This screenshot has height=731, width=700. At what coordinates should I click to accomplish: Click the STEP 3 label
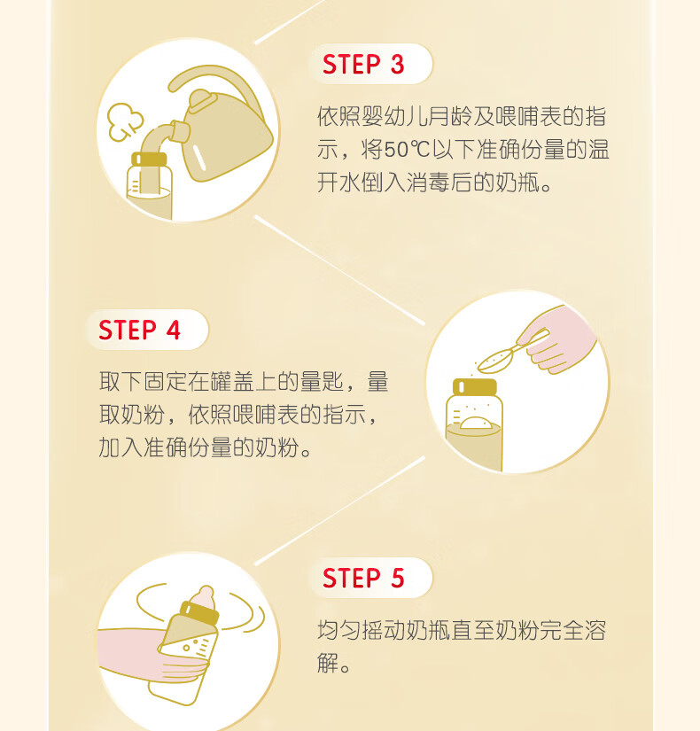363,65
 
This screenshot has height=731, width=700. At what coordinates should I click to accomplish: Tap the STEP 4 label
139,331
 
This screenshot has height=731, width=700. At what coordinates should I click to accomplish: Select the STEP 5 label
363,578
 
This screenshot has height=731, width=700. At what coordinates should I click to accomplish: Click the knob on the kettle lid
201,99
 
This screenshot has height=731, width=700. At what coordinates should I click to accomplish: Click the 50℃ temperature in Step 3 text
407,150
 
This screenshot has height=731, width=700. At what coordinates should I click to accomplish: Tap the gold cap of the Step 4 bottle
475,387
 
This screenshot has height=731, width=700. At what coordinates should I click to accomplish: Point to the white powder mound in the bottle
475,423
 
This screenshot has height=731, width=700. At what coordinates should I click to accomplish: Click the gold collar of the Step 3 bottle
149,159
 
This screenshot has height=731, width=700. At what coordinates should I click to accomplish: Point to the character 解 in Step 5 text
328,663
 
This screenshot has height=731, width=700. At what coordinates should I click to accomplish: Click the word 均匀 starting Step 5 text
339,630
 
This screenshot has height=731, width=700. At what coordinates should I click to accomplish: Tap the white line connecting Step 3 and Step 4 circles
339,269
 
